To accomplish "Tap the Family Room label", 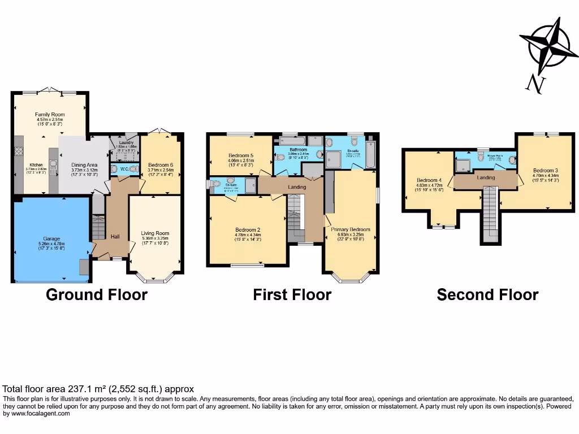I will pyautogui.click(x=50, y=114).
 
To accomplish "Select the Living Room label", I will pyautogui.click(x=155, y=233).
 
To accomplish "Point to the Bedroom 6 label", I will pyautogui.click(x=161, y=165).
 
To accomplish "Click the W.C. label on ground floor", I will pyautogui.click(x=124, y=168).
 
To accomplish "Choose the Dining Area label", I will pyautogui.click(x=84, y=165).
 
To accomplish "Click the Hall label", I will pyautogui.click(x=115, y=236).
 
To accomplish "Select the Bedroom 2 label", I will pyautogui.click(x=248, y=229).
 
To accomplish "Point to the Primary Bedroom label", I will pyautogui.click(x=351, y=229).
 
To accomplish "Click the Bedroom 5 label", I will pyautogui.click(x=241, y=155).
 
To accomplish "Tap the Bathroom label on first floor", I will pyautogui.click(x=297, y=150).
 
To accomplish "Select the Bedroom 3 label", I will pyautogui.click(x=545, y=170).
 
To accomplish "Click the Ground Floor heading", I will pyautogui.click(x=96, y=294).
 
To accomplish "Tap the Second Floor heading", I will pyautogui.click(x=487, y=294).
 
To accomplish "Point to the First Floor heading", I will pyautogui.click(x=292, y=294).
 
